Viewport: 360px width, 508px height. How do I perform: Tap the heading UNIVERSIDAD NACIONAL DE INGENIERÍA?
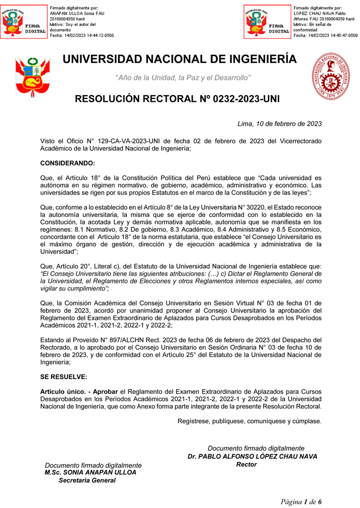pyautogui.click(x=179, y=59)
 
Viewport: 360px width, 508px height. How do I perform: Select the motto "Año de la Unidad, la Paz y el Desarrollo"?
pyautogui.click(x=183, y=77)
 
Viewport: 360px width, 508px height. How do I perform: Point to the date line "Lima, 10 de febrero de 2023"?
pyautogui.click(x=279, y=124)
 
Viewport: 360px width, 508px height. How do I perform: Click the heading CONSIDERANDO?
pyautogui.click(x=68, y=163)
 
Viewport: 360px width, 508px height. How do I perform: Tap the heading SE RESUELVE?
pyautogui.click(x=64, y=377)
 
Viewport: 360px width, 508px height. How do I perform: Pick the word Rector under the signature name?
pyautogui.click(x=246, y=465)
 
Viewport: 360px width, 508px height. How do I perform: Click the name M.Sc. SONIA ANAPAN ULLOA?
pyautogui.click(x=90, y=473)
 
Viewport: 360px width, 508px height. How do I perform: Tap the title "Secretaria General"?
pyautogui.click(x=88, y=481)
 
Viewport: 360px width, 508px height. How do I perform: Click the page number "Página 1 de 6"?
pyautogui.click(x=301, y=501)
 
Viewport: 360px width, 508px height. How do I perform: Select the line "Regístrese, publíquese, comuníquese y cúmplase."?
pyautogui.click(x=249, y=421)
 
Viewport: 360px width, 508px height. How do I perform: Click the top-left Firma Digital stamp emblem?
pyautogui.click(x=24, y=22)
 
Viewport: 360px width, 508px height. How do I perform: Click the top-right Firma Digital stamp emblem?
pyautogui.click(x=268, y=22)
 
